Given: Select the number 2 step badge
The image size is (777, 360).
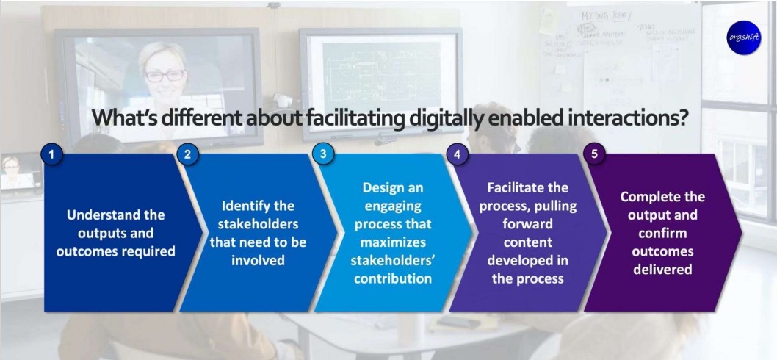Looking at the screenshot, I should [187, 154].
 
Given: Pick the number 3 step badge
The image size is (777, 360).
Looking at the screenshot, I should [322, 154].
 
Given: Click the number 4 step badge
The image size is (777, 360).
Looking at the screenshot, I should [457, 154].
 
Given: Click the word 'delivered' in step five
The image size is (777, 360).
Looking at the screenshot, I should [662, 269].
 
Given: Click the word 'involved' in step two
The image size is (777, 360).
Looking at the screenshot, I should [258, 260].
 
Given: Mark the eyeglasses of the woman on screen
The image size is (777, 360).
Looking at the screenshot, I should [165, 74].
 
